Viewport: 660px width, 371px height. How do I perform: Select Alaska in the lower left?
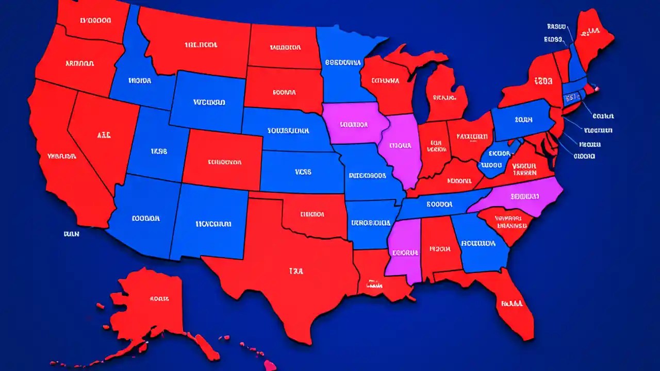pos(150,304)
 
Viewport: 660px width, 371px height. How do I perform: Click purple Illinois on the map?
pos(402,149)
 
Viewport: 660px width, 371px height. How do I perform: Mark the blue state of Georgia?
pos(480,242)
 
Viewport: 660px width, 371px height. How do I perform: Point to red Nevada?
pos(103,137)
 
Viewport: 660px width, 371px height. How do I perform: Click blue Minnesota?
pos(343,62)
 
